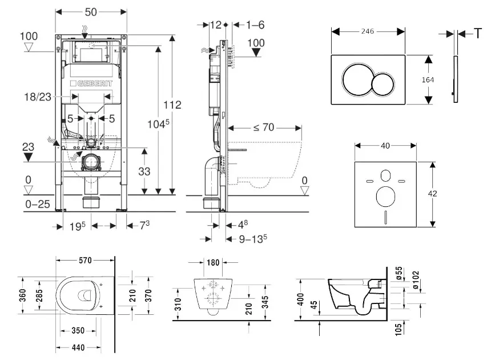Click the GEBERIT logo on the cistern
[92, 83]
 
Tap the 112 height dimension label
[171, 105]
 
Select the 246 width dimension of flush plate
[368, 31]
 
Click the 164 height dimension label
[437, 80]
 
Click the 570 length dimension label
[86, 260]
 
